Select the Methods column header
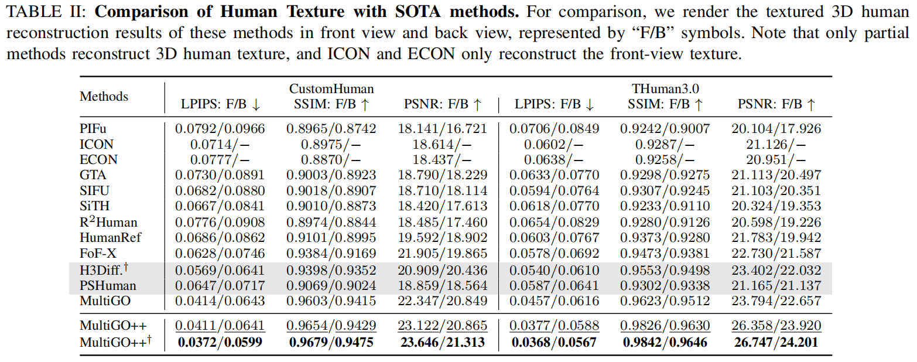coord(104,96)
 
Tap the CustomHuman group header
coord(331,88)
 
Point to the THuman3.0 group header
coord(666,88)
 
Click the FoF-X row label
coord(98,254)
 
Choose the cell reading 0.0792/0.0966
coord(220,128)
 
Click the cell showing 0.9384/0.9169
coord(331,254)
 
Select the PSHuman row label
coord(108,285)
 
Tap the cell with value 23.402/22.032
coord(776,269)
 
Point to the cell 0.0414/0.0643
coord(220,301)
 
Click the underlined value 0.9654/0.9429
coord(331,326)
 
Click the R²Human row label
coord(108,222)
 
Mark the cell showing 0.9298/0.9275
coord(665,175)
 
